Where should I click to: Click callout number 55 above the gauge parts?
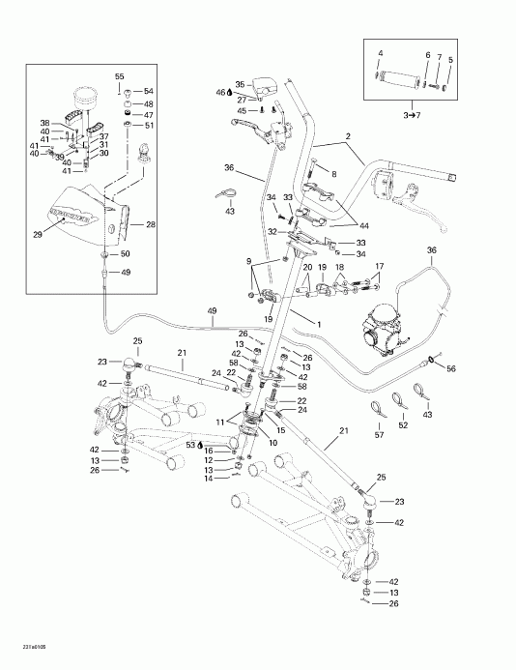click(120, 75)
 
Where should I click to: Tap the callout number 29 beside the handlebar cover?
click(38, 235)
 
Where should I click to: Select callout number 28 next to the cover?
click(150, 224)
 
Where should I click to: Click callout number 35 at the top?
click(240, 85)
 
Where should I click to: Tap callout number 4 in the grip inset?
click(380, 52)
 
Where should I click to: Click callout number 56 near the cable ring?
click(449, 368)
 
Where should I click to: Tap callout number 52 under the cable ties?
click(403, 423)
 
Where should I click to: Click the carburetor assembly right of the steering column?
click(378, 330)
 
